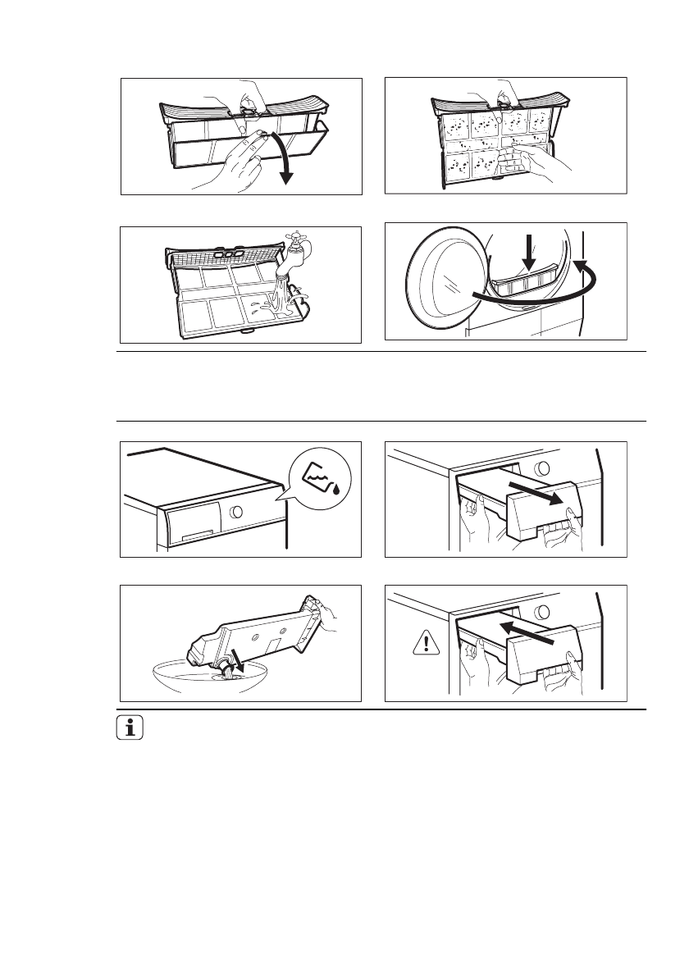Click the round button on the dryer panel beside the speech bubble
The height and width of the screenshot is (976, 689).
click(x=237, y=512)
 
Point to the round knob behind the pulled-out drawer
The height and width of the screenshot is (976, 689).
click(x=543, y=470)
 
